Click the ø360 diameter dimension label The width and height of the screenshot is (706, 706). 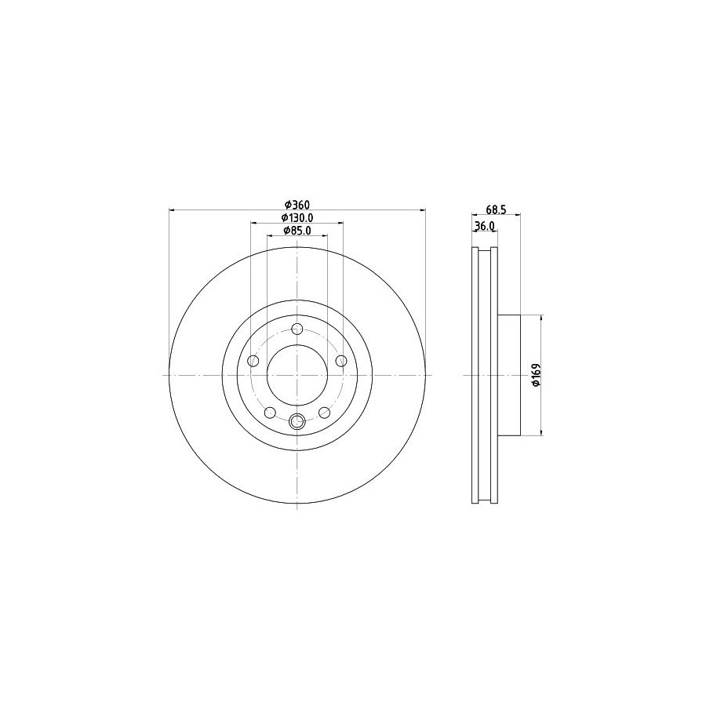[x=297, y=205]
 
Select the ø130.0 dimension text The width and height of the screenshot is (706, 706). [x=297, y=218]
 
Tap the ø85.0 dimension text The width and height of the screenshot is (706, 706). [x=297, y=231]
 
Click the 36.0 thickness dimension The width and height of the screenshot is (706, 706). [x=485, y=226]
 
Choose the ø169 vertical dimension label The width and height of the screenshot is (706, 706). [x=536, y=375]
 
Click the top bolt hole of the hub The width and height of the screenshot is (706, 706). [x=297, y=329]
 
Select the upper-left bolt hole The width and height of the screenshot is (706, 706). [x=254, y=361]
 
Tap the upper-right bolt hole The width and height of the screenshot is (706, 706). [x=342, y=361]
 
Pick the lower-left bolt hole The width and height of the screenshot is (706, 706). [x=270, y=412]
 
